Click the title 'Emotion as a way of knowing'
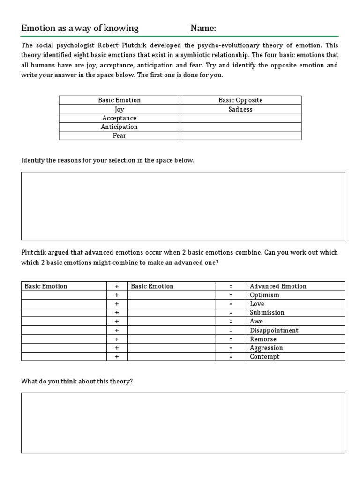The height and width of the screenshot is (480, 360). coord(80,29)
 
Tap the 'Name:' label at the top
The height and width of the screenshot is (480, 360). coord(203,29)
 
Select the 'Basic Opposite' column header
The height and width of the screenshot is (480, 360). coord(240,100)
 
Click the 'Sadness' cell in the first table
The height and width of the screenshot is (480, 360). coord(240,109)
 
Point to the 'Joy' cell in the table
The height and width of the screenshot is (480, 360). coord(119,109)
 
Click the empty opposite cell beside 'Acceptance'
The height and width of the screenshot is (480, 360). coord(240,118)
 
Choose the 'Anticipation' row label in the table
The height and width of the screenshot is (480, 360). coord(119,127)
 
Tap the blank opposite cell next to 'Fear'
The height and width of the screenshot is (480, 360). coord(240,135)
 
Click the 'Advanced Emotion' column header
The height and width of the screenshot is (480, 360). coord(278,286)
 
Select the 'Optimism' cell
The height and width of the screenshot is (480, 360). coord(264,295)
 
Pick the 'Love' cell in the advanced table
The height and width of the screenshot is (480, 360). coord(257,304)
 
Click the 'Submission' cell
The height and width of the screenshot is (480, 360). coord(267,313)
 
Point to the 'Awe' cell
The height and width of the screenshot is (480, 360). coord(256,322)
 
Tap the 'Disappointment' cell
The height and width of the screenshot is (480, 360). coord(274,330)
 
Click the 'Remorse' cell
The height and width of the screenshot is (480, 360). coord(263,339)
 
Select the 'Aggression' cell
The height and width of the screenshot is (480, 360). coord(266,348)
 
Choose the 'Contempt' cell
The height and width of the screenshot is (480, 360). coord(264,357)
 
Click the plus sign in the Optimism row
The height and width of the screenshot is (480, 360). coord(117,295)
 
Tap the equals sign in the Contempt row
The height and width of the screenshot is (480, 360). coord(231,357)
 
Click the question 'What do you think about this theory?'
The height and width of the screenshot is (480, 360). coord(77,382)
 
